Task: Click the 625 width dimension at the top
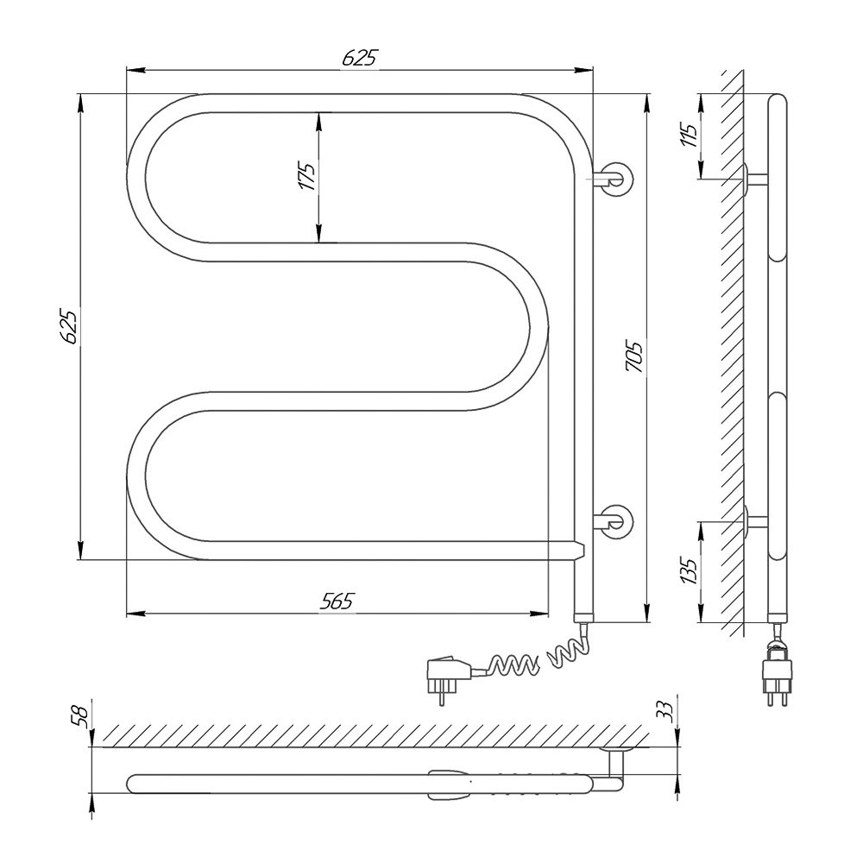(x=361, y=57)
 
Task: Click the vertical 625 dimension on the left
(x=70, y=327)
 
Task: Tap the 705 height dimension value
(x=634, y=357)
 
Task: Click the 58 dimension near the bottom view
(x=83, y=718)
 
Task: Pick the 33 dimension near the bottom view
(x=666, y=711)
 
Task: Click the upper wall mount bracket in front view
(x=614, y=179)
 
